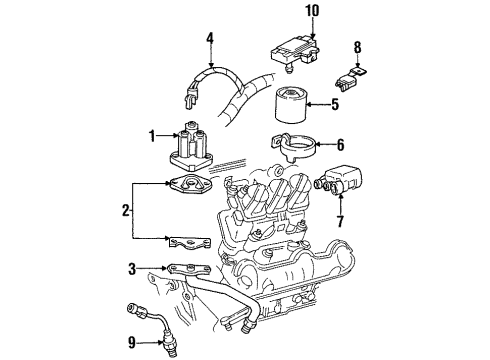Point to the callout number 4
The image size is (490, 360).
click(x=209, y=40)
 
